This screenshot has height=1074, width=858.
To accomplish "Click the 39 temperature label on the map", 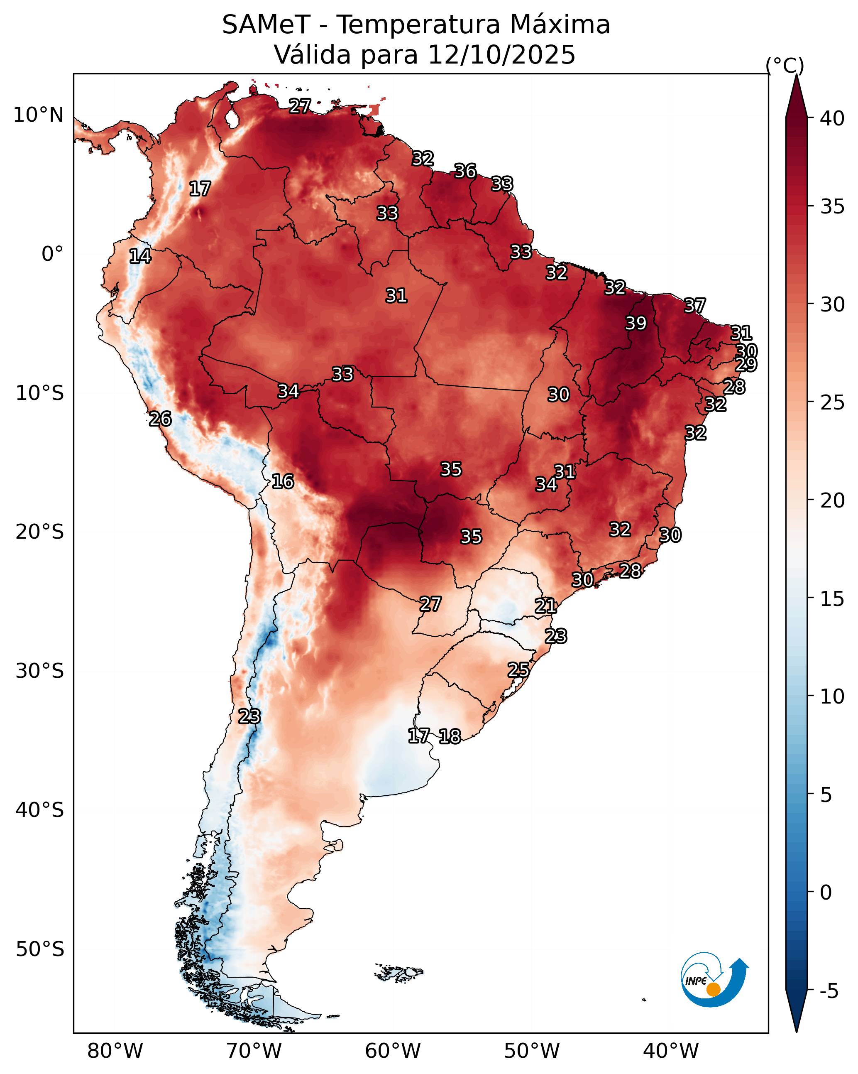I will (636, 323).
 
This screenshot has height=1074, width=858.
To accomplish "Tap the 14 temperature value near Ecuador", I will (140, 256).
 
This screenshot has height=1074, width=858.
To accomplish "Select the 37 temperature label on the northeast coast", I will (695, 305).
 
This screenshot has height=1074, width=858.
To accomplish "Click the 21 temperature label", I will (546, 606).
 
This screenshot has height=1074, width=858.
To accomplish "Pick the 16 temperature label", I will (283, 481).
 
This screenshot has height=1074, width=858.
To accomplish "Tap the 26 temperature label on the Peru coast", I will (160, 419).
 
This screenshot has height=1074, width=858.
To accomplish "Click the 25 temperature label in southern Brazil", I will (518, 669).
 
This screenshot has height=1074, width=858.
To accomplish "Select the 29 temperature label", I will (746, 364).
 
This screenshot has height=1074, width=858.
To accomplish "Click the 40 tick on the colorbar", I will (832, 118).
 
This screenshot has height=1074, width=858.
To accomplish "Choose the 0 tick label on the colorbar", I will (826, 893).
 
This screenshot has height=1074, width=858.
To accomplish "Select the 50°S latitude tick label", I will (40, 949).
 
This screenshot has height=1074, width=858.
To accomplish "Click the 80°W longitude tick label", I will (115, 1051).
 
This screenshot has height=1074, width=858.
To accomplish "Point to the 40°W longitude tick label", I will (671, 1051).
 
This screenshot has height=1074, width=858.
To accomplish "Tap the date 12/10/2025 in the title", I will (501, 54).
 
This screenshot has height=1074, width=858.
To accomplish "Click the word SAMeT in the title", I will (266, 25).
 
